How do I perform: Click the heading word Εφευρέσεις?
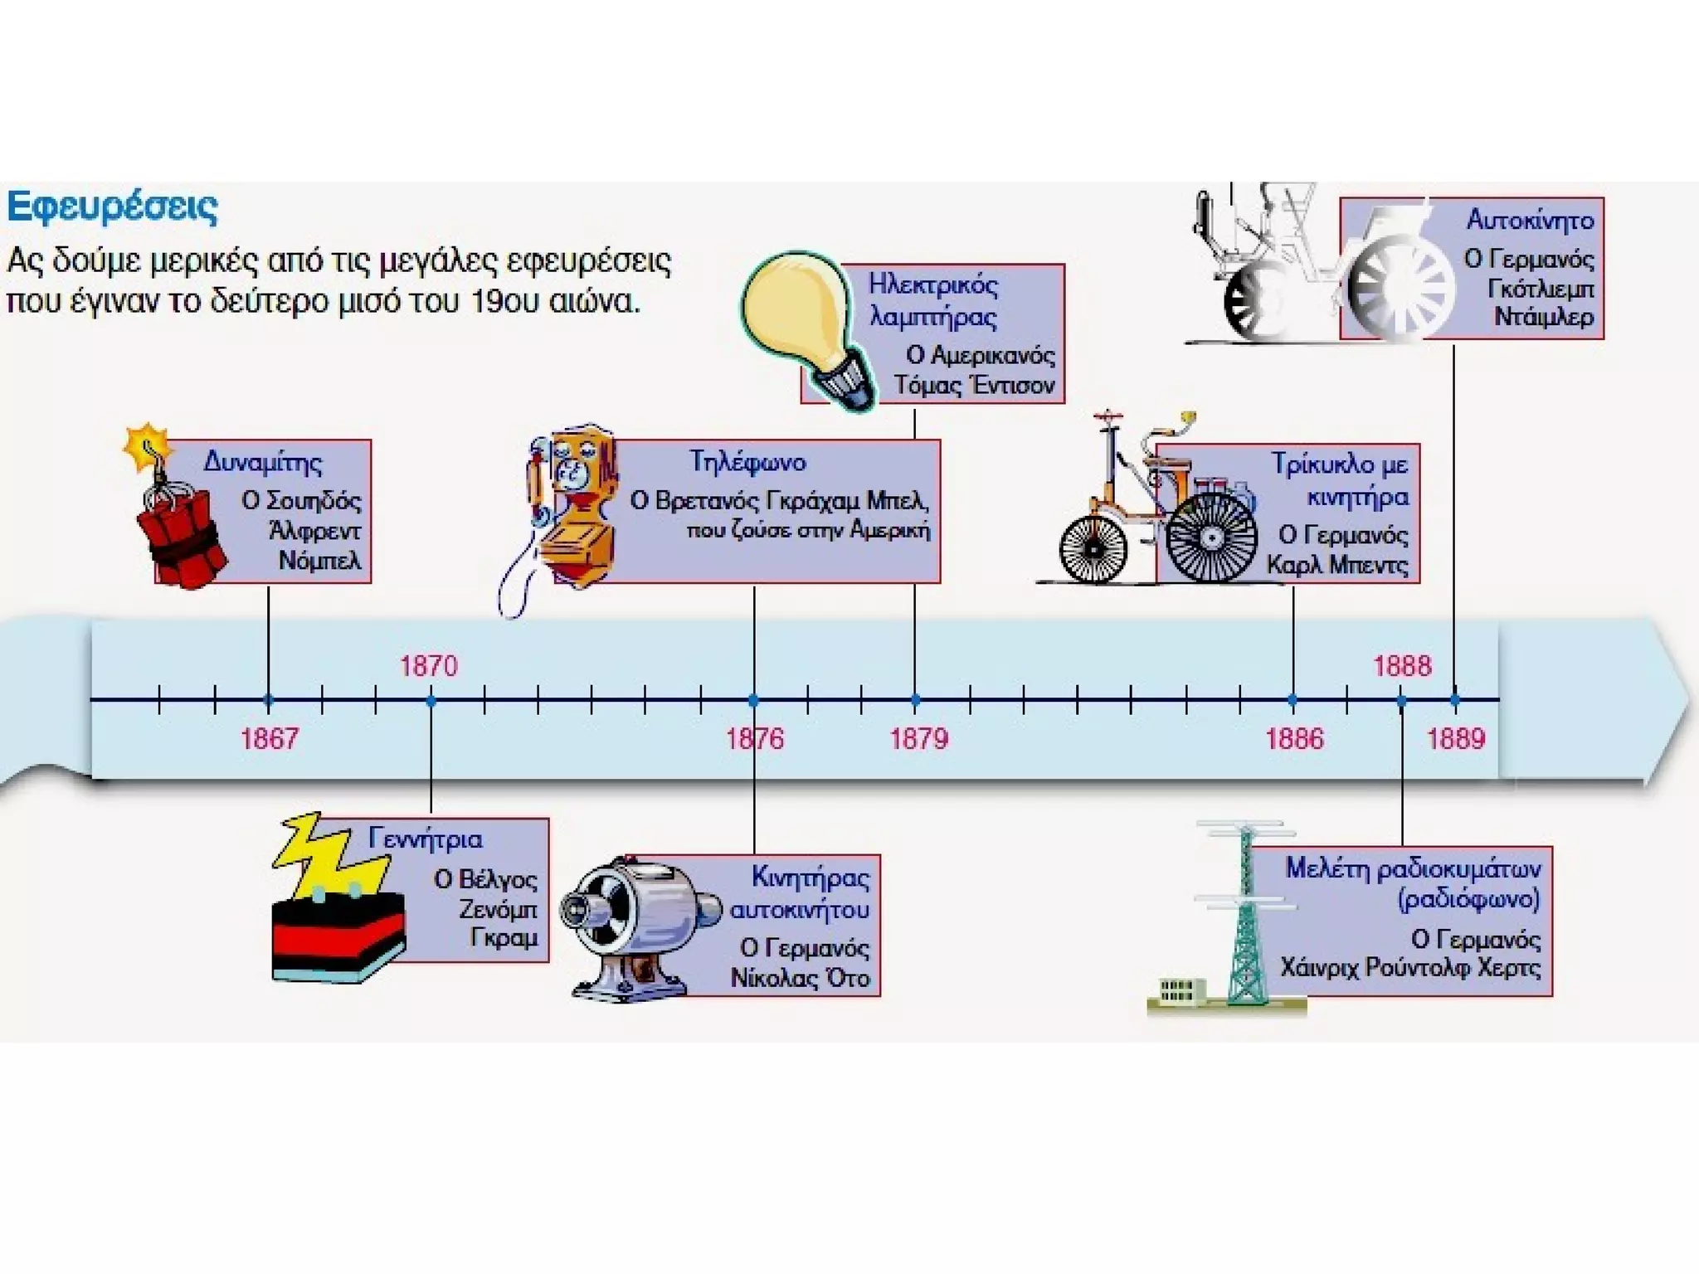[x=112, y=207]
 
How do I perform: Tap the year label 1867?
[x=269, y=738]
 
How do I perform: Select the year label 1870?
[x=429, y=666]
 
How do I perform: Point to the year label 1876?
[x=754, y=738]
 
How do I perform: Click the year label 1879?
[x=918, y=738]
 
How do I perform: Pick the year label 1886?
[x=1294, y=738]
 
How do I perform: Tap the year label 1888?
[x=1402, y=666]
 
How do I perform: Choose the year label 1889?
[x=1456, y=738]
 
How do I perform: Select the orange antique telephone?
[x=572, y=506]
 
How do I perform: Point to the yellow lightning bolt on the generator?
[x=332, y=854]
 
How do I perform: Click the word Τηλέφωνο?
[x=747, y=462]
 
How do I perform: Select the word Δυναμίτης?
[x=263, y=462]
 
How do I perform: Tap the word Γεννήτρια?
[x=425, y=839]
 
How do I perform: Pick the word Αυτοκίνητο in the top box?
[x=1530, y=220]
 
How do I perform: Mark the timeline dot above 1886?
[x=1293, y=700]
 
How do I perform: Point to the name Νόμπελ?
[x=319, y=561]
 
